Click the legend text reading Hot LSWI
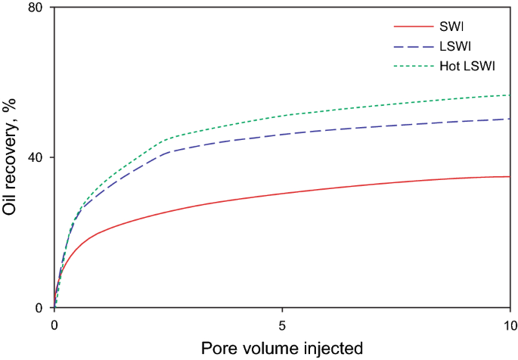pos(467,67)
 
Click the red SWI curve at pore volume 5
pos(282,193)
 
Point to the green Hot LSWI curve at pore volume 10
pos(510,95)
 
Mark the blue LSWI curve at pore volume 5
pos(282,134)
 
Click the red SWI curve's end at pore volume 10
pos(510,176)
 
